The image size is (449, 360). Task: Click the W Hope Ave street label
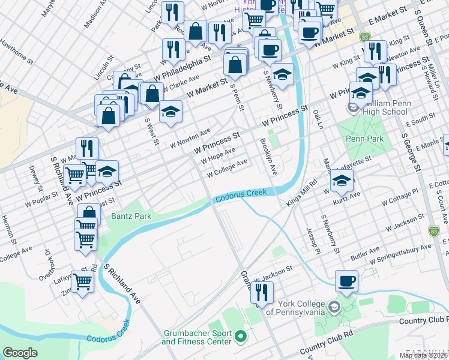pyautogui.click(x=217, y=156)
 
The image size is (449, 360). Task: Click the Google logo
pyautogui.click(x=20, y=353)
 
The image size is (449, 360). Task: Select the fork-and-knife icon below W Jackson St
pyautogui.click(x=261, y=292)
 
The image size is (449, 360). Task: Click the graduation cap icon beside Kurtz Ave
pyautogui.click(x=341, y=179)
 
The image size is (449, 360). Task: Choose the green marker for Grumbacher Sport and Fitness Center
pyautogui.click(x=241, y=337)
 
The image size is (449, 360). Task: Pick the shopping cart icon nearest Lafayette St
pyautogui.click(x=82, y=280)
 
